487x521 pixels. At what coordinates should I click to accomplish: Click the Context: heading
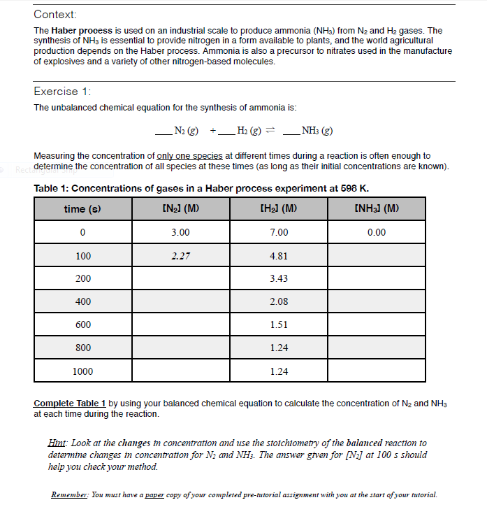(55, 15)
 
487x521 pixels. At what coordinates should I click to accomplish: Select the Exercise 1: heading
(63, 92)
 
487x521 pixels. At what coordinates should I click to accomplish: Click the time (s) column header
(82, 208)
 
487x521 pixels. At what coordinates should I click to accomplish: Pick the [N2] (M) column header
(181, 208)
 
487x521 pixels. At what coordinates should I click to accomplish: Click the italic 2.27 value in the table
(181, 255)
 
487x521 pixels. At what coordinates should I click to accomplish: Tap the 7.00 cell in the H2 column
(279, 232)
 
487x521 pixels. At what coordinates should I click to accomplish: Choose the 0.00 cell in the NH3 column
(377, 232)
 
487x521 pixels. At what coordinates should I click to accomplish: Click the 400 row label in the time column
(82, 301)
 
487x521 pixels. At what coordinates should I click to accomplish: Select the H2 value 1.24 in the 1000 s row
(279, 371)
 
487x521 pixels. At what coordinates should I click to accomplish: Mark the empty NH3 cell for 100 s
(377, 255)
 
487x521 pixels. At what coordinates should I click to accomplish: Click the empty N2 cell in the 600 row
(181, 324)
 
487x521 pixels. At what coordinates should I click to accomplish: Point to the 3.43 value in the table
(279, 278)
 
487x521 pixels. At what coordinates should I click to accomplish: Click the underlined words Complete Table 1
(70, 404)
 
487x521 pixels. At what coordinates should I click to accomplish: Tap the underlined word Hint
(57, 443)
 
